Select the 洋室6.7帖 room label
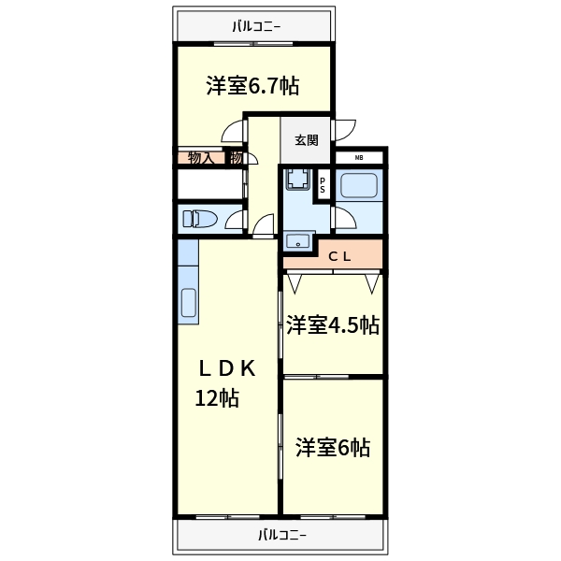pyautogui.click(x=252, y=87)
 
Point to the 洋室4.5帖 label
pyautogui.click(x=332, y=325)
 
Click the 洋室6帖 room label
pyautogui.click(x=333, y=448)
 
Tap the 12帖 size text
pyautogui.click(x=217, y=398)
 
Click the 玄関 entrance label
pyautogui.click(x=306, y=141)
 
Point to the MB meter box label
pyautogui.click(x=360, y=158)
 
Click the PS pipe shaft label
pyautogui.click(x=323, y=185)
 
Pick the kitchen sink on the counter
pyautogui.click(x=188, y=304)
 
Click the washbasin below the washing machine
pyautogui.click(x=299, y=242)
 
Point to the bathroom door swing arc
pyautogui.click(x=342, y=220)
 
